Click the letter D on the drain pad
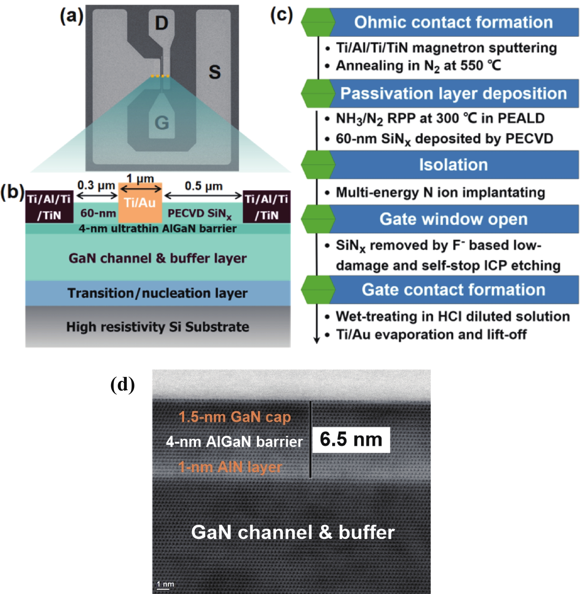[x=161, y=23]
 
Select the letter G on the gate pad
[x=162, y=123]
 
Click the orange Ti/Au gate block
[x=140, y=203]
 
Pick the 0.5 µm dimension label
[x=203, y=186]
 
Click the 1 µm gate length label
[x=140, y=178]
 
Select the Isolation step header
[x=453, y=165]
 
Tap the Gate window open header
[x=453, y=219]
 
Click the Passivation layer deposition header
[x=453, y=93]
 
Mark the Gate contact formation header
[x=453, y=290]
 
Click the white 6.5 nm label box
[x=351, y=440]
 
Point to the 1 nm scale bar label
[x=165, y=584]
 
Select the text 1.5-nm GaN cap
[x=234, y=417]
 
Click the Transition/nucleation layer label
[x=157, y=293]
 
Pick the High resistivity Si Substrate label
[x=157, y=327]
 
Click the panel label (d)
[x=122, y=385]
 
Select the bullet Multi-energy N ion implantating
[x=440, y=193]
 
